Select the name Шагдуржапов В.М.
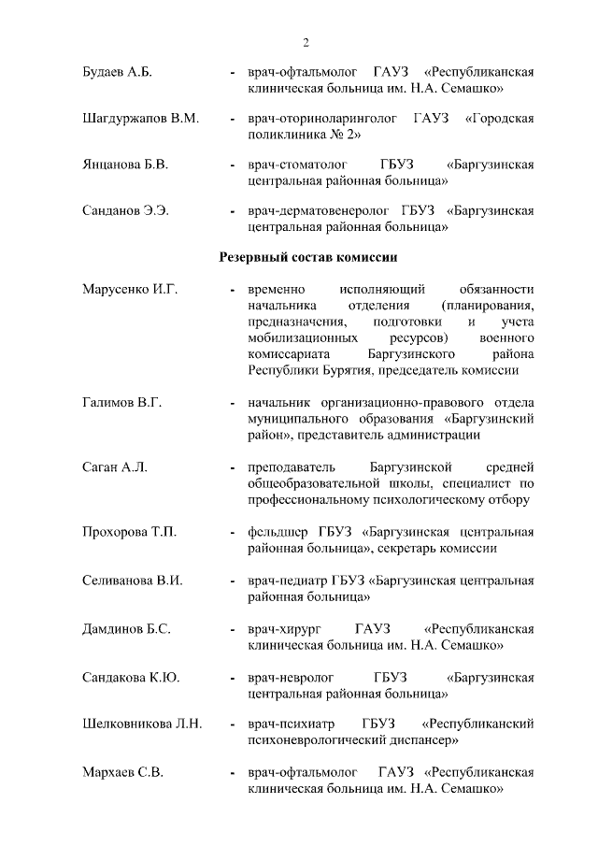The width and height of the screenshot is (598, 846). click(x=141, y=121)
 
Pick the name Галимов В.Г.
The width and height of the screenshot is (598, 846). click(x=122, y=403)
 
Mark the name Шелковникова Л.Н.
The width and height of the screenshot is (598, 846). click(x=144, y=724)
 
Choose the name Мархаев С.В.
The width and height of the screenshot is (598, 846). click(x=122, y=773)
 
